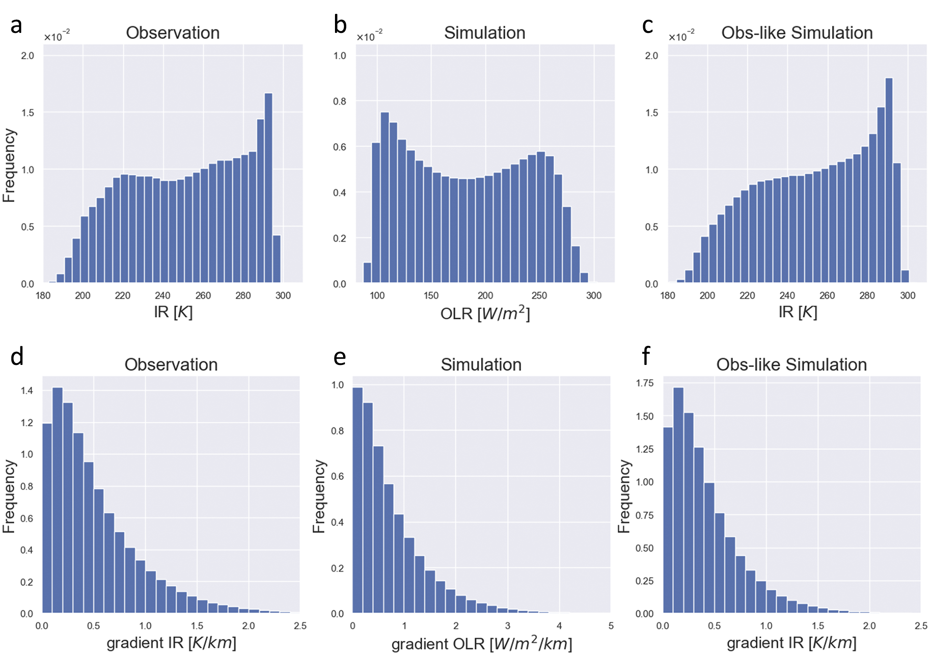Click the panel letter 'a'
[16, 25]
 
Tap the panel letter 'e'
[339, 357]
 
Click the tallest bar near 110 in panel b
[385, 198]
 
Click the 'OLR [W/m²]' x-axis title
[485, 313]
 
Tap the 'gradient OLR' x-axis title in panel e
[481, 644]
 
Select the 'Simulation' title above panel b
[484, 32]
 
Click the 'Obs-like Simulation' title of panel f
[791, 364]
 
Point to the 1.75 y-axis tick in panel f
[645, 383]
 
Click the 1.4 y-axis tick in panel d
[27, 390]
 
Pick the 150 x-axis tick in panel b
[431, 295]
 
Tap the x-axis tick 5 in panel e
[611, 625]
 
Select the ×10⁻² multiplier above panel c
[681, 36]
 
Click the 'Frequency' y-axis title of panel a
[9, 165]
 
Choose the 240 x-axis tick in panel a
[163, 295]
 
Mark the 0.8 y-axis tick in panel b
[339, 101]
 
